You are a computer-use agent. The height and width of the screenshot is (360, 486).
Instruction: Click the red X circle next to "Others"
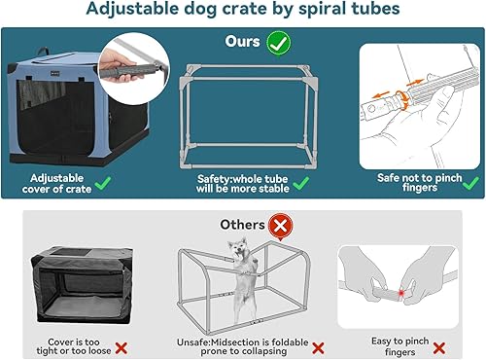281,225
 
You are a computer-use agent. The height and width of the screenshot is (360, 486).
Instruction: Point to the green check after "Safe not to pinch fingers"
469,181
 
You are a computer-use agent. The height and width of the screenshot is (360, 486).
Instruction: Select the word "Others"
243,225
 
